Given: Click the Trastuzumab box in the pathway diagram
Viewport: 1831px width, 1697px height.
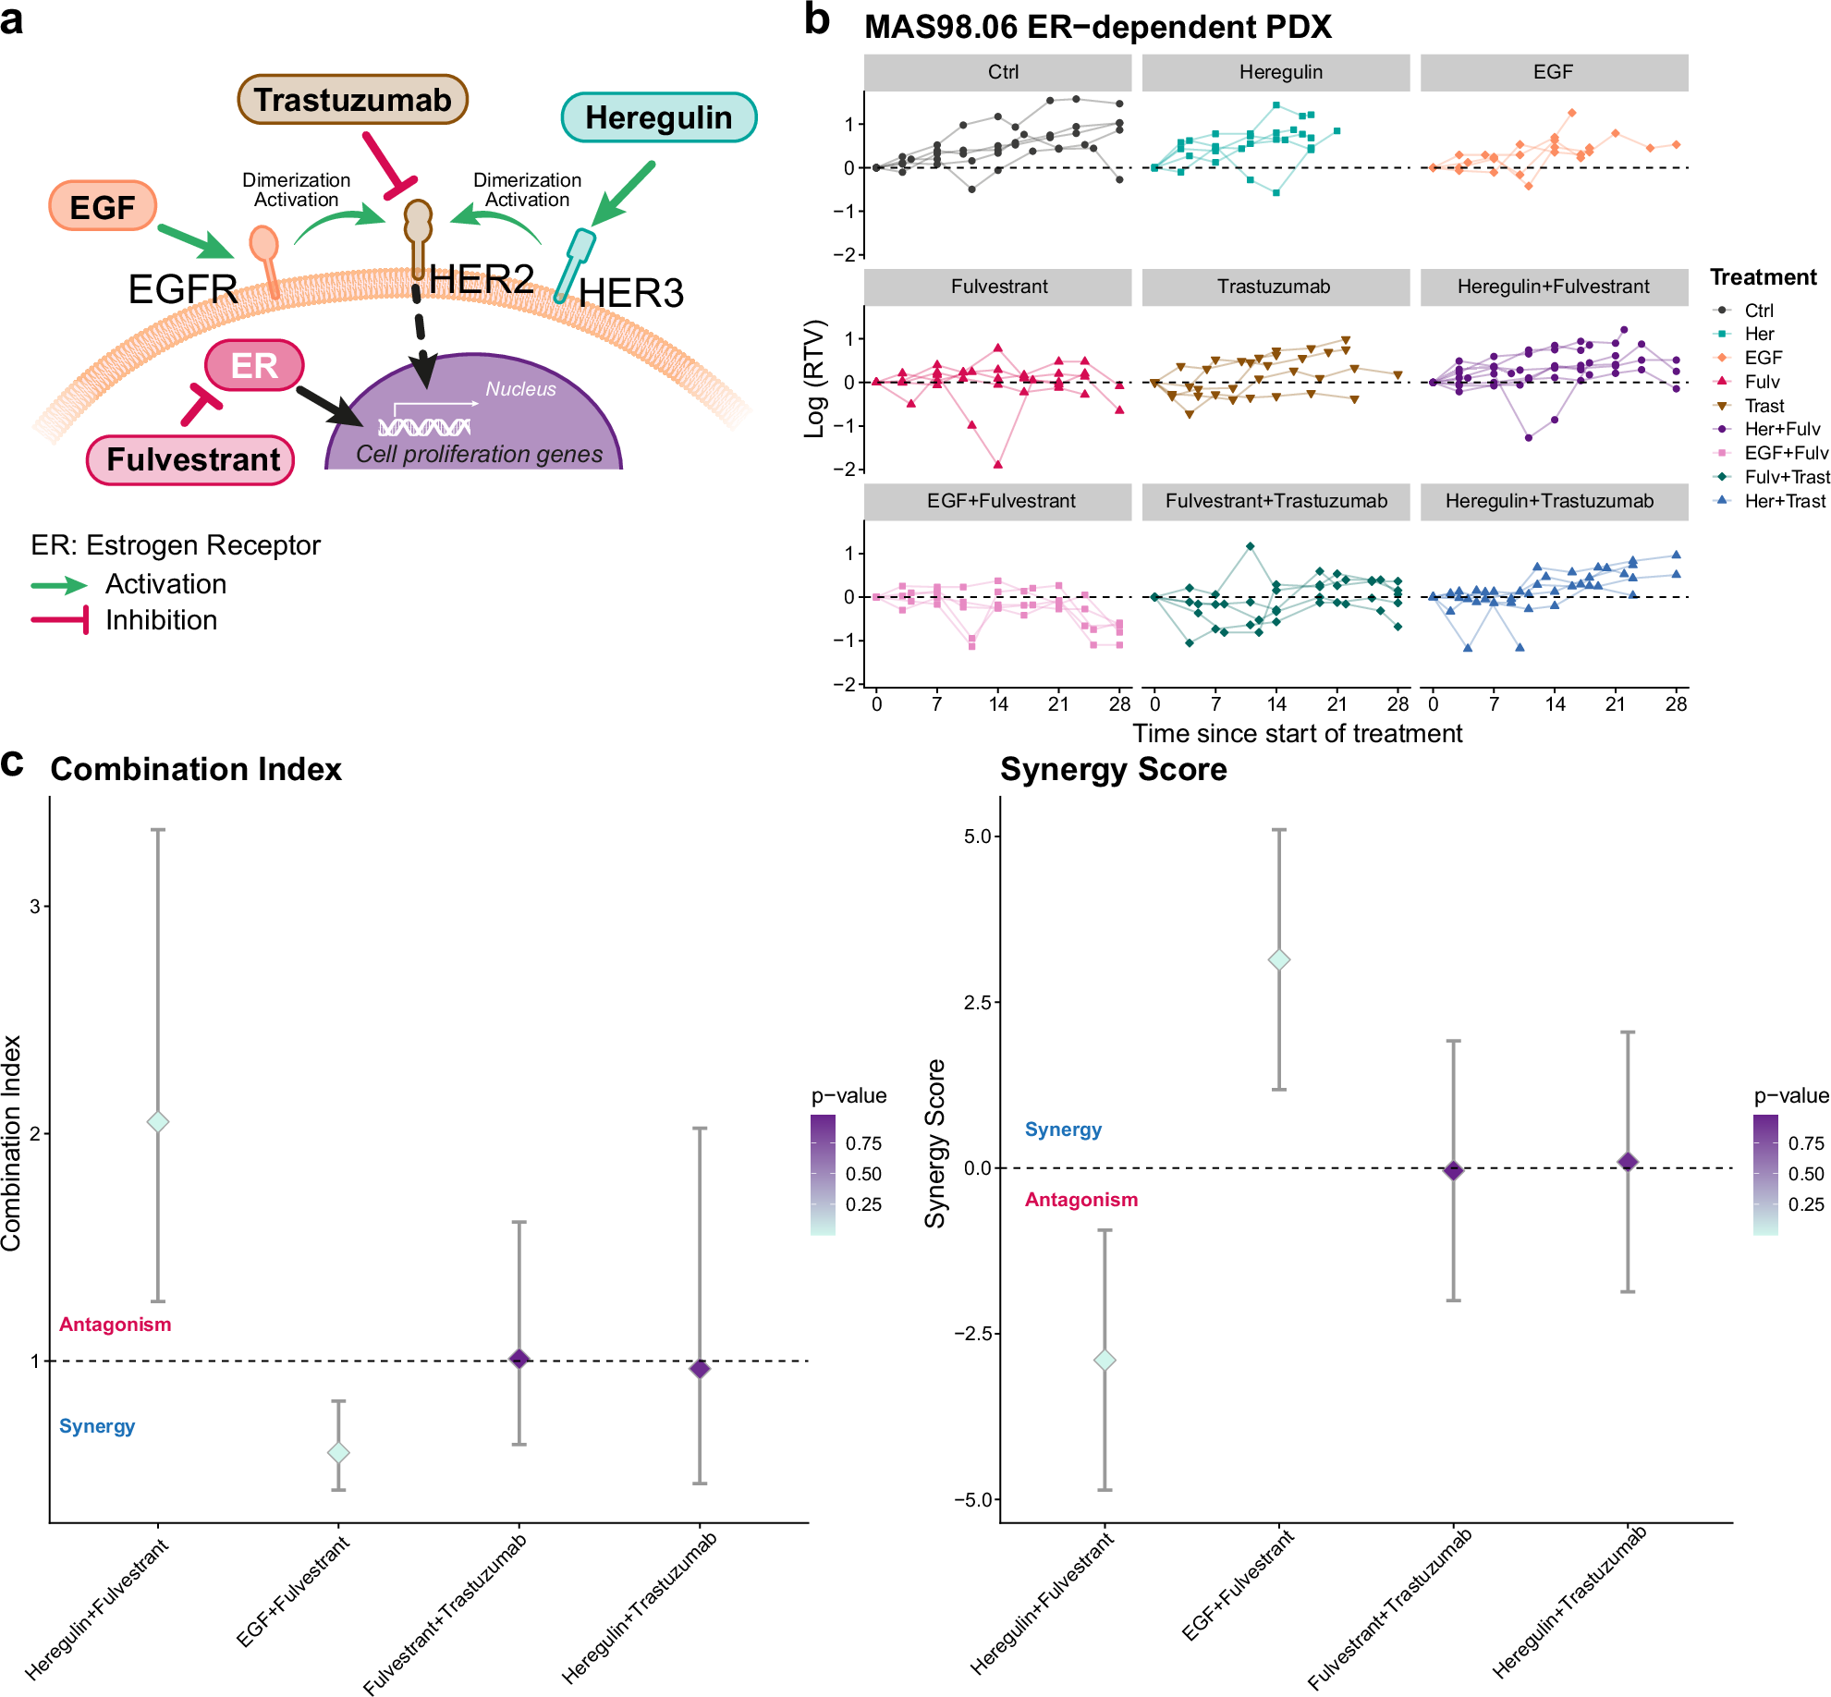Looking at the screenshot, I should pos(352,100).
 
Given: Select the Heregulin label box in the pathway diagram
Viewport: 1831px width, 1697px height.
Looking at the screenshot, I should pos(658,117).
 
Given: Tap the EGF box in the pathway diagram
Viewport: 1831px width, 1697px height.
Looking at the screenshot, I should pos(102,206).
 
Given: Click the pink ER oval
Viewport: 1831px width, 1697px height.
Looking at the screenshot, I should pos(254,365).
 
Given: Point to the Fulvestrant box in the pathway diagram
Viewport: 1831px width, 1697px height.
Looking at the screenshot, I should pos(192,459).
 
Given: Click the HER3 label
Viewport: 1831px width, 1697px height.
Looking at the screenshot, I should pos(630,293).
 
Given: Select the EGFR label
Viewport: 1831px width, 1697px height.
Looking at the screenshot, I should pos(182,289).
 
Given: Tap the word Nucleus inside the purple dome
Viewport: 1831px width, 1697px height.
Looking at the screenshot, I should pos(520,389).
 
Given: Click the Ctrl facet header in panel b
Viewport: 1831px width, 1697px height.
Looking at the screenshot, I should pos(1002,72).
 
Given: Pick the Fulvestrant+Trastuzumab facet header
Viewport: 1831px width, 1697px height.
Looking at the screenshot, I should pos(1276,501).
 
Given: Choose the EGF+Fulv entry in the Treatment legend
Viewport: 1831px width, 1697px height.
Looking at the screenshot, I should pos(1785,453).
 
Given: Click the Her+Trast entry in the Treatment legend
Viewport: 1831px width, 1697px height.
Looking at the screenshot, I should pos(1784,501).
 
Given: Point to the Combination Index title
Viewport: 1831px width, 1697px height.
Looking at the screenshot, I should pos(196,769).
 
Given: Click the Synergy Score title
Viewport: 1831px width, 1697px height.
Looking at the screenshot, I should pos(1113,769).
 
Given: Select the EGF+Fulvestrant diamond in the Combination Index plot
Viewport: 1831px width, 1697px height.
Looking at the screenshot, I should pos(338,1453).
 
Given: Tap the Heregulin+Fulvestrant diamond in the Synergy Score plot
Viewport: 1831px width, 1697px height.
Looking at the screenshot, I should pos(1105,1361).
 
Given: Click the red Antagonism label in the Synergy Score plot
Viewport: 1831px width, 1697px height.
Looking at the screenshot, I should pos(1080,1200).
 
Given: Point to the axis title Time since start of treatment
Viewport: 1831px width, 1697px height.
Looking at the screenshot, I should pos(1297,734).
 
